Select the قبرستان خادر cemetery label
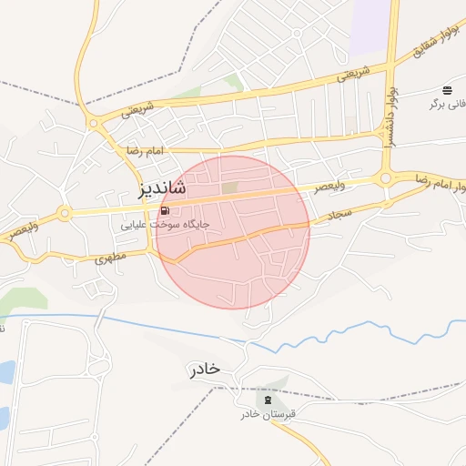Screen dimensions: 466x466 point(270,414)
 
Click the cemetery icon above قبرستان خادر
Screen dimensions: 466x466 point(268,399)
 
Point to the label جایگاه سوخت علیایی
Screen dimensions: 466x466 point(166,223)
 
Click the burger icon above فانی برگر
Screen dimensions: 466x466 point(447,89)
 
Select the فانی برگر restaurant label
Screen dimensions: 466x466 point(449,104)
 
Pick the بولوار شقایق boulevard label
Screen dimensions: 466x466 point(432,43)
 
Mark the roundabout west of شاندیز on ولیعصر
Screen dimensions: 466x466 point(64,214)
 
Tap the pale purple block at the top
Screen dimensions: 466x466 point(370,23)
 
